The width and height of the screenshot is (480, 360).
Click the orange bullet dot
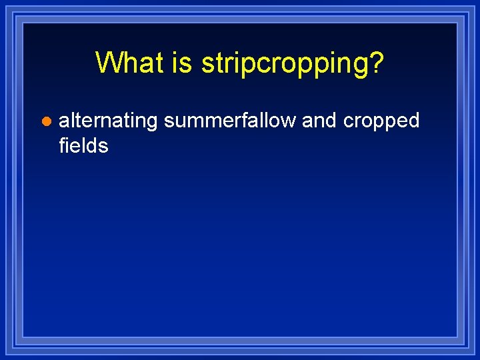point(45,122)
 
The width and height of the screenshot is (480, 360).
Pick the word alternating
point(108,121)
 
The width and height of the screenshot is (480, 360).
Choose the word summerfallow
point(230,121)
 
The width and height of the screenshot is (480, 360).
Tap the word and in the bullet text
point(319,121)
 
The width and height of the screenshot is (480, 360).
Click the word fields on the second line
point(83,145)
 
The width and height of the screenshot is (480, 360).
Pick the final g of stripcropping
point(361,65)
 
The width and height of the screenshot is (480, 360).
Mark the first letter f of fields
point(62,145)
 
